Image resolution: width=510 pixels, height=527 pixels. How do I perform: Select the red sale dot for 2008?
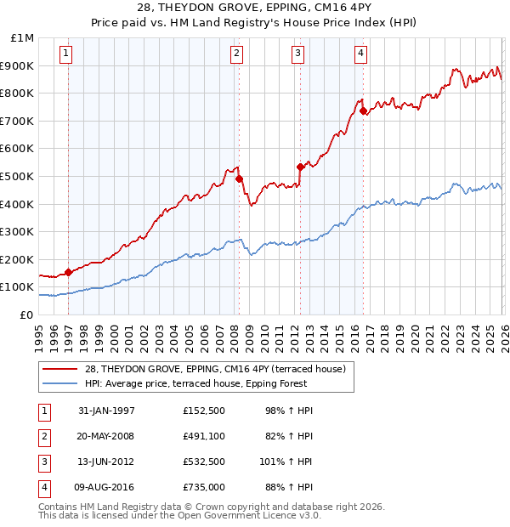240,178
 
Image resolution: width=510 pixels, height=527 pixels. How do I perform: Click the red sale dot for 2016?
363,110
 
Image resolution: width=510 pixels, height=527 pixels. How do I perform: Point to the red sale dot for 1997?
69,272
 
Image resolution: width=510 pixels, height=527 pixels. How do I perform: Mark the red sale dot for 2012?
300,167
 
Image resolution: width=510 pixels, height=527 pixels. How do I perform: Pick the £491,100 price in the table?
203,436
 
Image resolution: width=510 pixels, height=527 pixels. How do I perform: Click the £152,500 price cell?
203,411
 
